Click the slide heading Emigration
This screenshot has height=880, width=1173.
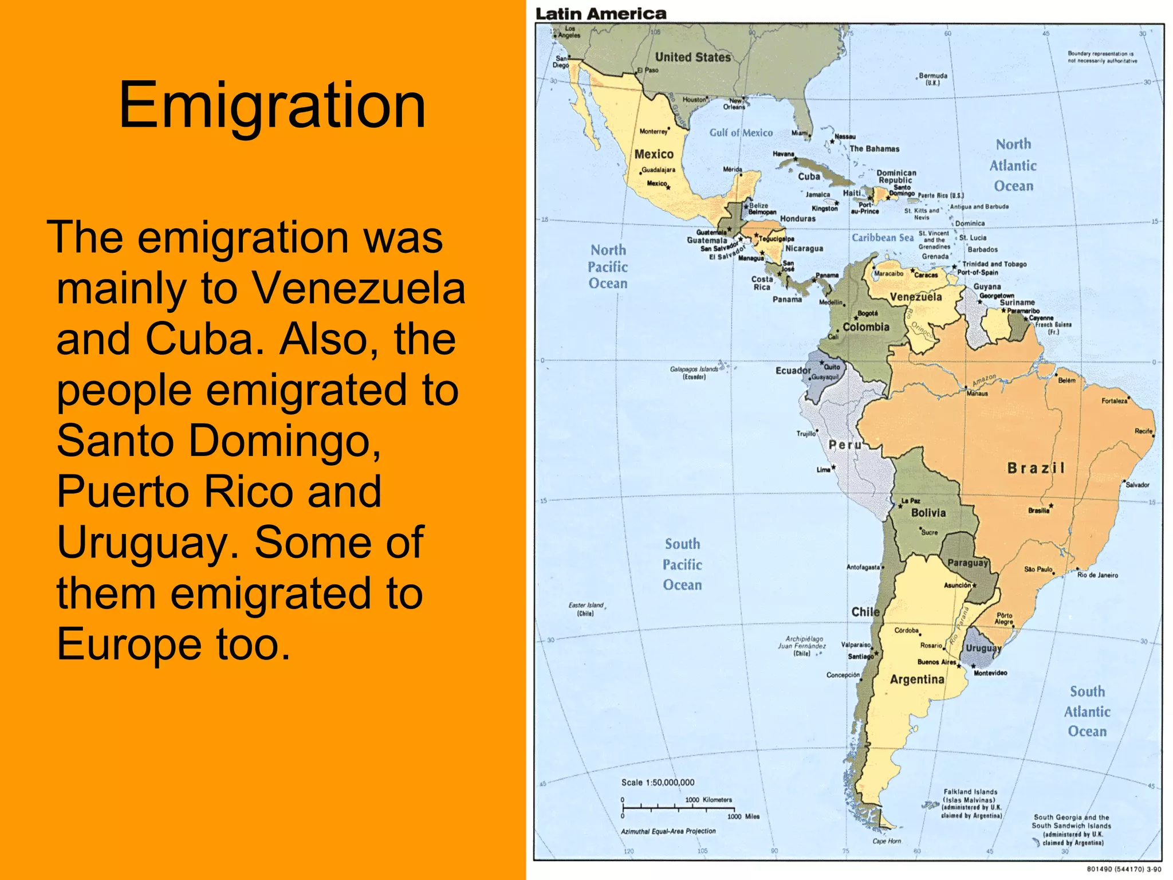pyautogui.click(x=272, y=105)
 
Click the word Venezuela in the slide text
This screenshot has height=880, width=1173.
pyautogui.click(x=359, y=289)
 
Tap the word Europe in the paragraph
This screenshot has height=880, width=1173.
pyautogui.click(x=129, y=644)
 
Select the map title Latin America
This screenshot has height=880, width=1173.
pyautogui.click(x=601, y=14)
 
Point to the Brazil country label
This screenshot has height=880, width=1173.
pyautogui.click(x=1036, y=468)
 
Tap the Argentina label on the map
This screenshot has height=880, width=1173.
pyautogui.click(x=917, y=679)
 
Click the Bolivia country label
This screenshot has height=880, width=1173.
pyautogui.click(x=928, y=513)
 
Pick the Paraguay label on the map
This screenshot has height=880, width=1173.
pyautogui.click(x=968, y=563)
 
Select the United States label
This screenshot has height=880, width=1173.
pyautogui.click(x=693, y=57)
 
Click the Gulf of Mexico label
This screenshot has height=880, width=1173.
pyautogui.click(x=741, y=133)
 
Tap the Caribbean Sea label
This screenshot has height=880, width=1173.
pyautogui.click(x=883, y=238)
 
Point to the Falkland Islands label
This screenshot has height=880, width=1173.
pyautogui.click(x=971, y=792)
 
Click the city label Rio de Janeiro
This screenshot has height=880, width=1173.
pyautogui.click(x=1097, y=575)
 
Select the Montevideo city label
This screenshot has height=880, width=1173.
pyautogui.click(x=990, y=673)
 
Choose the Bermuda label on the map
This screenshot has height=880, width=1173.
pyautogui.click(x=933, y=76)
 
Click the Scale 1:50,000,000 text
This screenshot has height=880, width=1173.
pyautogui.click(x=658, y=783)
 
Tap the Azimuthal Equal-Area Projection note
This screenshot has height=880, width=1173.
pyautogui.click(x=668, y=831)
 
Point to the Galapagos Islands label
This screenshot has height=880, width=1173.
pyautogui.click(x=694, y=370)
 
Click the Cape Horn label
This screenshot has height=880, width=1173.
pyautogui.click(x=887, y=841)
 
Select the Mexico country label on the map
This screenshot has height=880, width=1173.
pyautogui.click(x=654, y=154)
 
